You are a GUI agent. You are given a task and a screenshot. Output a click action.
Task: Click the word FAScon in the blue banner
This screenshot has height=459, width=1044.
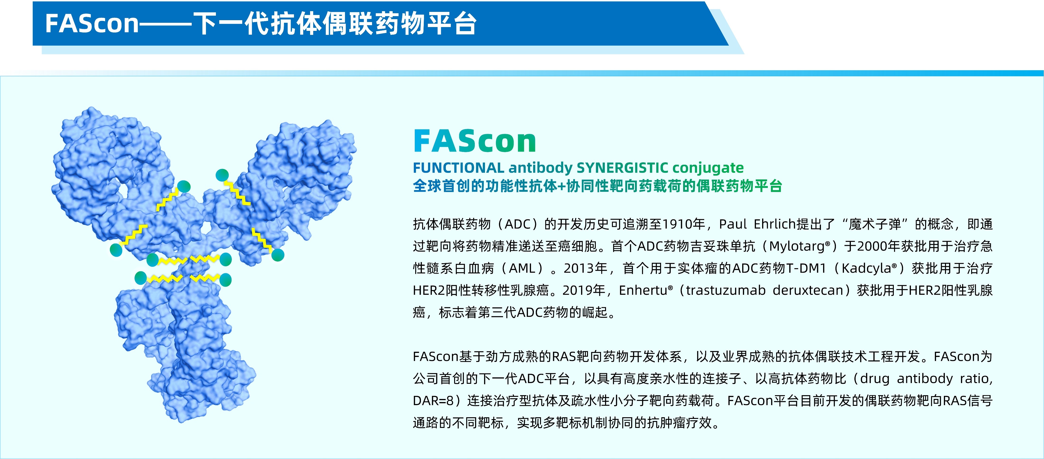[x=92, y=23]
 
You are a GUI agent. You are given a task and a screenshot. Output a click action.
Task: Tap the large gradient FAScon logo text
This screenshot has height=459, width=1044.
[x=475, y=141]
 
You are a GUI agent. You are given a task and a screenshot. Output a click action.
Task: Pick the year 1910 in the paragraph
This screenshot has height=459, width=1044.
[x=677, y=224]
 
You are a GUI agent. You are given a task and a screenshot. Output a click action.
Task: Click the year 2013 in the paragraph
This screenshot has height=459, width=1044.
[x=579, y=268]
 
